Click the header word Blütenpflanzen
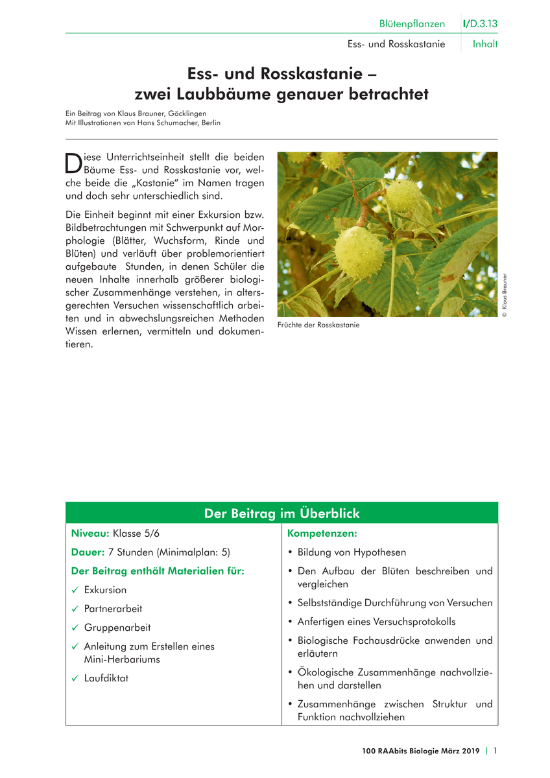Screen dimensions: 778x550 pos(412,24)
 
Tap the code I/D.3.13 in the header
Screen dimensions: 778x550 pos(481,24)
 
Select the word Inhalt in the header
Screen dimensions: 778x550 pos(485,45)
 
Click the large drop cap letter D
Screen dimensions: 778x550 pos(74,162)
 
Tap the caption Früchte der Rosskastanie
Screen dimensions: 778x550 pos(318,325)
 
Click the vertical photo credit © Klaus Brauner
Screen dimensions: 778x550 pos(505,295)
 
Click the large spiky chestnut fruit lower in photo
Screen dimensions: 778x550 pos(359,252)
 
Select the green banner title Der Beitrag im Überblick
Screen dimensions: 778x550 pos(281,513)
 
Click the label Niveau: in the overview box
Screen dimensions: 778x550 pos(90,534)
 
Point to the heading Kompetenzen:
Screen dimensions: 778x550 pos(322,534)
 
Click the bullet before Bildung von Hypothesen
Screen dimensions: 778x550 pos(290,552)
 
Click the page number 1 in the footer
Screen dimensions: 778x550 pos(496,751)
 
